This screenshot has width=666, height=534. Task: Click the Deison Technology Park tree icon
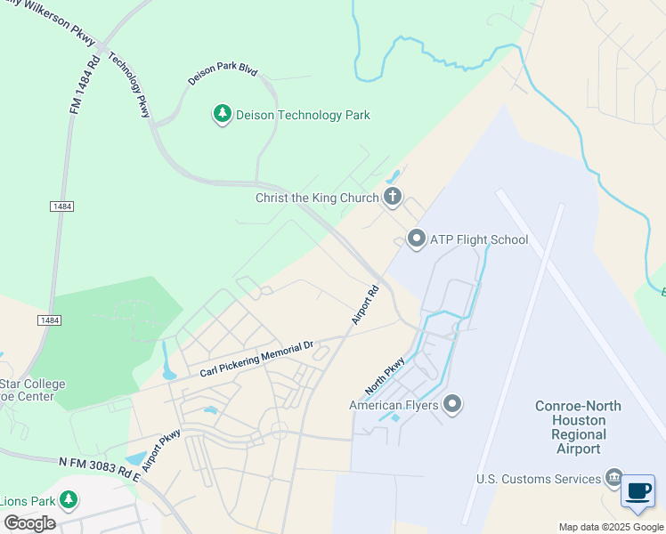pos(222,114)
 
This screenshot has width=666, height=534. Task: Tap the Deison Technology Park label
pos(303,115)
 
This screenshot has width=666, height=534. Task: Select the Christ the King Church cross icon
pos(393,198)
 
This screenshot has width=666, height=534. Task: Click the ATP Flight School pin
pos(416,239)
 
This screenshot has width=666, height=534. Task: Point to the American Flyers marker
pos(452,405)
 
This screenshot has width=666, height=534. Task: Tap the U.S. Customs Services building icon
pos(613,479)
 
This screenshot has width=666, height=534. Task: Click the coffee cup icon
pos(638,492)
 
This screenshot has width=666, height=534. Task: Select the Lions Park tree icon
pos(68,500)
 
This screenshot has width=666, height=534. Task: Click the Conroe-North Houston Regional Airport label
pos(578,427)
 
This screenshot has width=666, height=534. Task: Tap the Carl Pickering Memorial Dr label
pos(257,359)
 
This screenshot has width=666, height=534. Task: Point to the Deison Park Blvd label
pos(222,69)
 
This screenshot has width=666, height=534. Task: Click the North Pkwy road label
pos(385,376)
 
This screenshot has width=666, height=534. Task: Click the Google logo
pos(28,522)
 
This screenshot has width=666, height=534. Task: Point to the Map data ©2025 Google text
pos(611,527)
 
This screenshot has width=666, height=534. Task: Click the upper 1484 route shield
pos(61,206)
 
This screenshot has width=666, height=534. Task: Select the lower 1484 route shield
pos(48,319)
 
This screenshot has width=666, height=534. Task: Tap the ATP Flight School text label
pos(479,239)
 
